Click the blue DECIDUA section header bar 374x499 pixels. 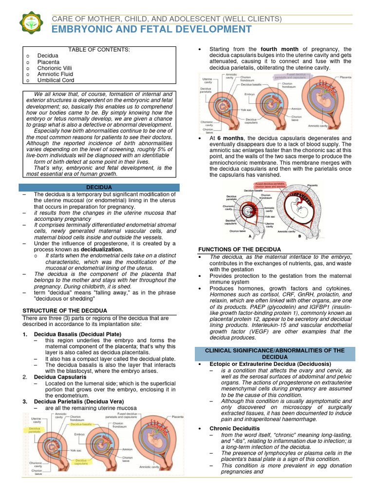[99, 187]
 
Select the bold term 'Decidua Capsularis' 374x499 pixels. [60, 377]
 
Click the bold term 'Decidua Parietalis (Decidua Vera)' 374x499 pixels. [78, 401]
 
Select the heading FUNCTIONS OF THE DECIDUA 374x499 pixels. [239, 249]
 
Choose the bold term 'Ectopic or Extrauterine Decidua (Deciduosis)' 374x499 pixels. [270, 364]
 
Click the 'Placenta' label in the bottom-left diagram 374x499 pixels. [178, 417]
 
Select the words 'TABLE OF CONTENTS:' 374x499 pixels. [99, 50]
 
